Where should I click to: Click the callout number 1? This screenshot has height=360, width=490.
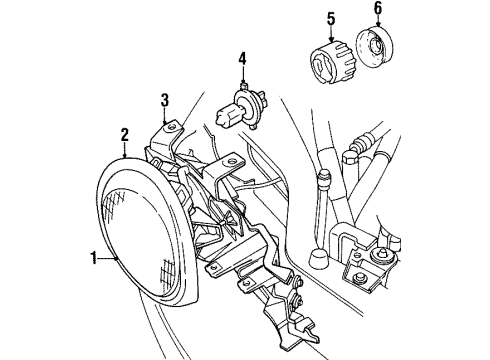click(92, 258)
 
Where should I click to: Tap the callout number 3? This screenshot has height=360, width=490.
click(164, 97)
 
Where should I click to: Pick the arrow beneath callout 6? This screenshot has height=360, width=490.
click(378, 27)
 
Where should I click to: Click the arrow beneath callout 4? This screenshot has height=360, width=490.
click(241, 75)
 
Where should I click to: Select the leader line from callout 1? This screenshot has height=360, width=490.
click(108, 258)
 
